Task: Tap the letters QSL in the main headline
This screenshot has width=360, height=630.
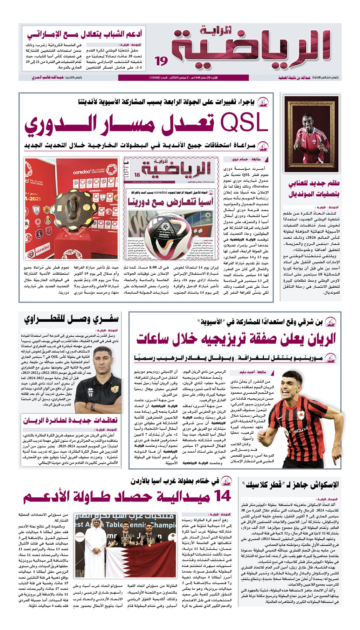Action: tap(244, 123)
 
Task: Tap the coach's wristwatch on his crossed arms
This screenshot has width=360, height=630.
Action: tap(92, 406)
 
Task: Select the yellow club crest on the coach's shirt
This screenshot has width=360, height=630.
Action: tap(115, 389)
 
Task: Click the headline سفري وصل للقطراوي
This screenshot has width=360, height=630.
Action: tap(71, 319)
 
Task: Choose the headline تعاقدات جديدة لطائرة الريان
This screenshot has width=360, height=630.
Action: tap(70, 420)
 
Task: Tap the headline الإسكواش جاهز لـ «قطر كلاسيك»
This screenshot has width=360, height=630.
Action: tap(291, 485)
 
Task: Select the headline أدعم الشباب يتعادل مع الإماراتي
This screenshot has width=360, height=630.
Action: tap(84, 34)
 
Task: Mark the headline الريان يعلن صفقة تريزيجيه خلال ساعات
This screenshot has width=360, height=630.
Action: tap(236, 338)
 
